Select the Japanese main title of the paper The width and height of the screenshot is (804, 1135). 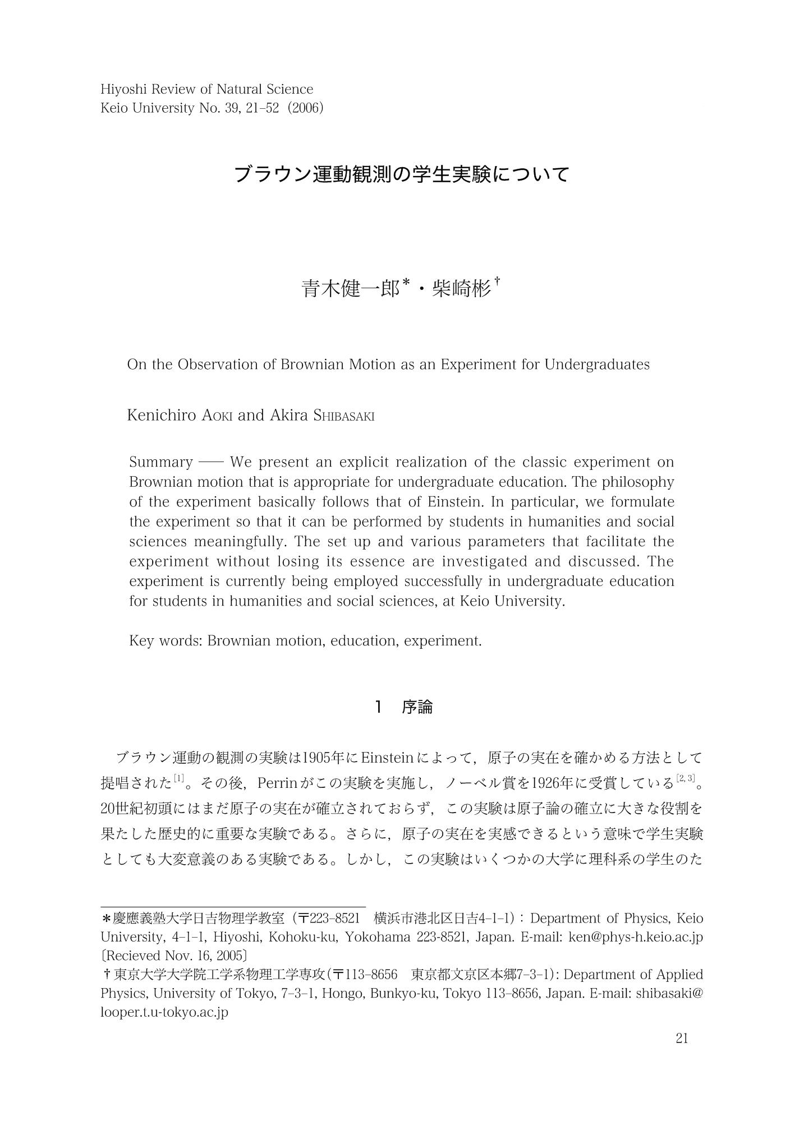[x=402, y=174]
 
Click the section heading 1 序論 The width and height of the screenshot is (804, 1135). [x=403, y=707]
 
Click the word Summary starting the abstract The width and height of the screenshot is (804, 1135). [x=161, y=462]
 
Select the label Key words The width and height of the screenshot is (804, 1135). [x=166, y=640]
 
